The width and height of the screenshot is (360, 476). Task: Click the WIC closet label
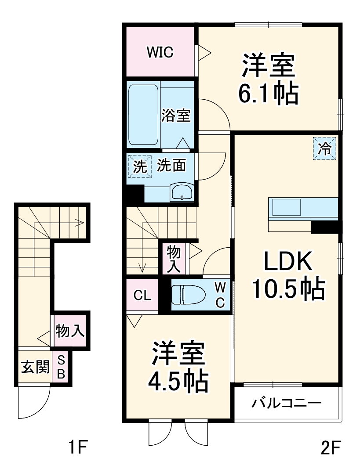click(160, 53)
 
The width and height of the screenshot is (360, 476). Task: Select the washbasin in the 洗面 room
click(182, 192)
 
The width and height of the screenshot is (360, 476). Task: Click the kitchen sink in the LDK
click(286, 206)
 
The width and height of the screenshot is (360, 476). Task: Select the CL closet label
click(142, 295)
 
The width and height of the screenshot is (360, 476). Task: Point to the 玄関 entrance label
click(35, 367)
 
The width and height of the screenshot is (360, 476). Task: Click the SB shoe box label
click(61, 367)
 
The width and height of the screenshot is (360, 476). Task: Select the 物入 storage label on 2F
click(173, 259)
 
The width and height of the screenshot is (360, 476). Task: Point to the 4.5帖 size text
click(178, 381)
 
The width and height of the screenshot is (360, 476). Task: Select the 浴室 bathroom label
click(175, 116)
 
